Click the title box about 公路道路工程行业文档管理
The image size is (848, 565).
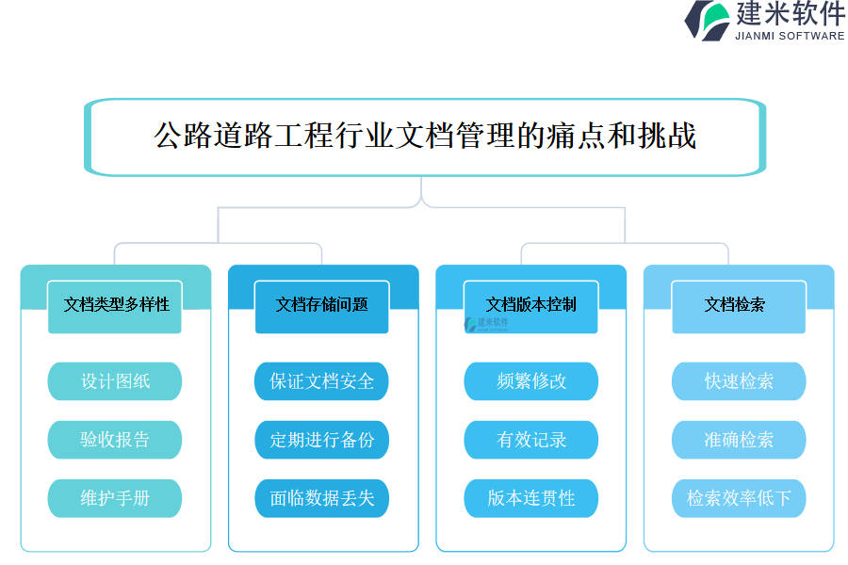click(x=424, y=137)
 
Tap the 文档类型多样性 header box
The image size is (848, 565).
click(x=115, y=305)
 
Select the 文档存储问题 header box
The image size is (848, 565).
click(x=322, y=305)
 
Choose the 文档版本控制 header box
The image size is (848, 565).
click(x=531, y=305)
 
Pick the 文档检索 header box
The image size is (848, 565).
click(x=739, y=305)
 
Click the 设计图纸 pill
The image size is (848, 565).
click(x=115, y=381)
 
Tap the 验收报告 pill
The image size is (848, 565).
click(x=115, y=440)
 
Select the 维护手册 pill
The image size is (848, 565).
click(x=115, y=498)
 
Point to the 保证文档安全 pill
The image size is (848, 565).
click(x=322, y=381)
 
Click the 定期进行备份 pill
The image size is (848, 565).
click(x=322, y=440)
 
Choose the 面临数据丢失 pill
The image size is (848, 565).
click(x=322, y=498)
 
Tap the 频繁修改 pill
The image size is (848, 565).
click(x=531, y=381)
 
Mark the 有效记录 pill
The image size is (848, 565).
click(x=531, y=440)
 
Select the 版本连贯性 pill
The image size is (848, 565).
click(x=531, y=498)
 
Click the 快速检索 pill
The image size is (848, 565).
click(x=739, y=381)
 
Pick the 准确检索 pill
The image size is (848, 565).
click(x=739, y=440)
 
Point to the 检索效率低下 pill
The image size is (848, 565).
click(x=739, y=498)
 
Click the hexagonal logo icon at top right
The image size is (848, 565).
click(x=707, y=21)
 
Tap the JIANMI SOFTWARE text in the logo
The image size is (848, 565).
click(x=790, y=36)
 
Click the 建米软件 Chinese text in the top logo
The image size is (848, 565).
click(x=790, y=14)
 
